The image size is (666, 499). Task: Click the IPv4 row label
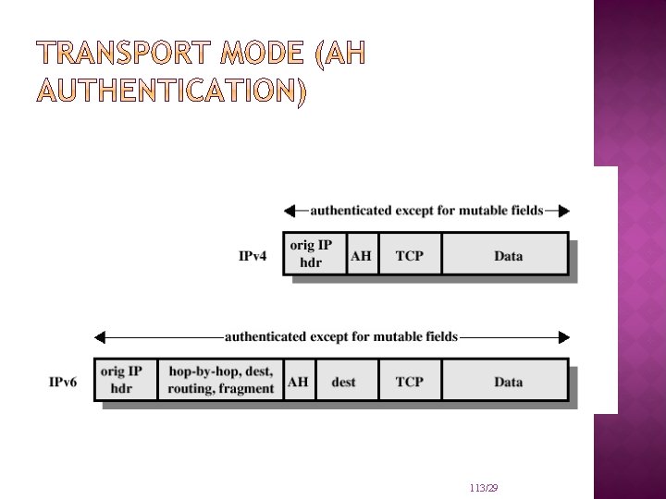tap(253, 256)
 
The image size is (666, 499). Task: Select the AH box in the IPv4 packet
tap(361, 256)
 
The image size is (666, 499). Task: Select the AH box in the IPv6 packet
tap(299, 381)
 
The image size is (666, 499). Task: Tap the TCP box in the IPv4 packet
tap(410, 256)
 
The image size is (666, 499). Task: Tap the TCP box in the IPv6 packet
tap(410, 381)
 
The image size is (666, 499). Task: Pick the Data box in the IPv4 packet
tap(508, 256)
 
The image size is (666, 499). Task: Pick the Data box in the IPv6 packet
tap(508, 381)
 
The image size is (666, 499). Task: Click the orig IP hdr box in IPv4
tap(312, 253)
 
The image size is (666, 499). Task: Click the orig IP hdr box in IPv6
tap(122, 379)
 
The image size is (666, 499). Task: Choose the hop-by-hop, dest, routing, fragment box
tap(221, 380)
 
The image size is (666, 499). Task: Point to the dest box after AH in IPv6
tap(343, 381)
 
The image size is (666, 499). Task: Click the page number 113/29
tap(484, 488)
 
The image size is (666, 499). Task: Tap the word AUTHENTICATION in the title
tap(167, 92)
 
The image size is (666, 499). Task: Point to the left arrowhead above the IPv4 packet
tap(290, 211)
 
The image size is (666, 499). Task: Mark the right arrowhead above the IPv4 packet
tap(564, 211)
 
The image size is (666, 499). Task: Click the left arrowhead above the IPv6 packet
tap(101, 337)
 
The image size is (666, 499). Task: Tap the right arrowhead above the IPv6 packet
tap(564, 337)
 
